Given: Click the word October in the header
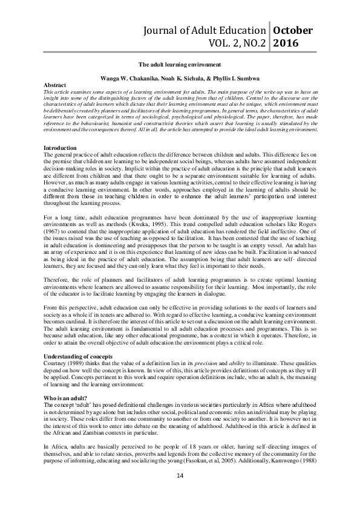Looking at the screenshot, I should coord(293,30).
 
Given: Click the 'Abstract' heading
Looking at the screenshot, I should coord(56,86).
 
